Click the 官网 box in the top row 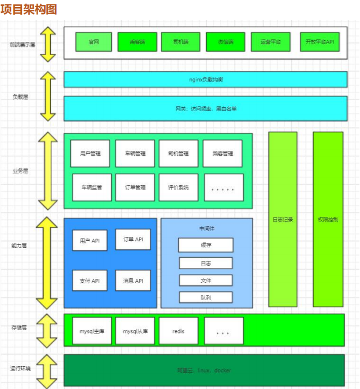click(93, 42)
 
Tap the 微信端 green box click(225, 42)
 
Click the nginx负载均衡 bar click(206, 80)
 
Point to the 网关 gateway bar click(206, 108)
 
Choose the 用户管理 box click(90, 154)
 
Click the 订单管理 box click(135, 187)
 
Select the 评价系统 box click(178, 187)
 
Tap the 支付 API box click(89, 281)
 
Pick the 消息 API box click(133, 281)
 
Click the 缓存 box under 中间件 click(206, 245)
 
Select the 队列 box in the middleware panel click(206, 297)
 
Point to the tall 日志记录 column click(283, 220)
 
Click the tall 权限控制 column click(328, 220)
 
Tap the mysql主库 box click(92, 331)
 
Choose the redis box click(178, 331)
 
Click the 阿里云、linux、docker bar click(204, 370)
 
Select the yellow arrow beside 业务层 click(47, 171)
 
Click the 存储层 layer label click(20, 328)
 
